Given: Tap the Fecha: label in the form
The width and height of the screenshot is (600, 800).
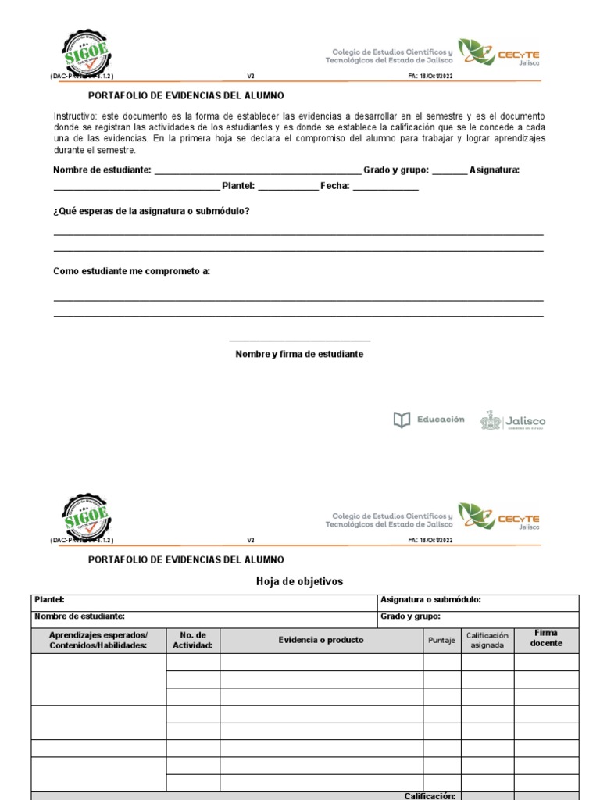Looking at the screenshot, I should tap(334, 186).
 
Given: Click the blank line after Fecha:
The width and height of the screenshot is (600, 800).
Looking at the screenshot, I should tap(385, 187).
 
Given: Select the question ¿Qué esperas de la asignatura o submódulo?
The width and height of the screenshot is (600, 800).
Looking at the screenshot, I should tap(152, 211).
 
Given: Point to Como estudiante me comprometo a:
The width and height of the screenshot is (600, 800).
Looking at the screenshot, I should tap(131, 271).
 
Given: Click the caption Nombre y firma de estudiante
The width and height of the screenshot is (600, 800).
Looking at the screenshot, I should tap(299, 354).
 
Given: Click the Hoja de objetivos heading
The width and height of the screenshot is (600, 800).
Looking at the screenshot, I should tap(299, 581).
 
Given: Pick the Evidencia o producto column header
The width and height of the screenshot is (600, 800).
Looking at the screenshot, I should tap(321, 640).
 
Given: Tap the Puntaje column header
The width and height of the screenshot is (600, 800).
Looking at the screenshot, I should tap(441, 641).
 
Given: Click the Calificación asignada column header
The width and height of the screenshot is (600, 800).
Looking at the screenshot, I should tap(487, 640).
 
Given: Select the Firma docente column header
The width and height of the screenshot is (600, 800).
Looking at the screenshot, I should tap(546, 638).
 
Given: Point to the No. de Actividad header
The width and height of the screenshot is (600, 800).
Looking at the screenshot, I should tap(192, 640).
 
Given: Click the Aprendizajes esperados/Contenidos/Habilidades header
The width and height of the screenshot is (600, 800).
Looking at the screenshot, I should tap(98, 640).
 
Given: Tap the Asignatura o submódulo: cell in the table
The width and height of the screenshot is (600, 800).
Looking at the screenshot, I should tap(430, 600).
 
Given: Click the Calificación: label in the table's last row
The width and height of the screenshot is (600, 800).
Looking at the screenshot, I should tap(429, 795).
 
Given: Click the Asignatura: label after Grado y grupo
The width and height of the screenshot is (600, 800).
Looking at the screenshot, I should tap(495, 170).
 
